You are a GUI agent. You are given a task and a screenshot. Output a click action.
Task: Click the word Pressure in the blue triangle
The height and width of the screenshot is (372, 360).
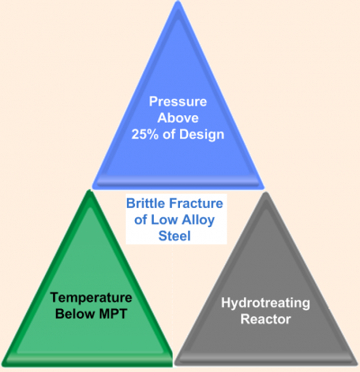(x=178, y=102)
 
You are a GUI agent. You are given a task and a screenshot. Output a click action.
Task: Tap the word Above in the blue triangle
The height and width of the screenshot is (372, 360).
(x=178, y=118)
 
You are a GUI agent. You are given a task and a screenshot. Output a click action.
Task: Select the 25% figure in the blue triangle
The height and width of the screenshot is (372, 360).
(x=145, y=134)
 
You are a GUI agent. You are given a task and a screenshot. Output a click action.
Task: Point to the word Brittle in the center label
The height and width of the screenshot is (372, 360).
(x=146, y=204)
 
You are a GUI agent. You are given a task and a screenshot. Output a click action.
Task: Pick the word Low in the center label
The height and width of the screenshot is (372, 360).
(x=163, y=220)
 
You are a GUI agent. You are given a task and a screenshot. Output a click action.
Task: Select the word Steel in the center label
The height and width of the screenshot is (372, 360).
(x=175, y=236)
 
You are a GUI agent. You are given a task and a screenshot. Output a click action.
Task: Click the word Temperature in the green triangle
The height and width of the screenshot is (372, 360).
(x=91, y=298)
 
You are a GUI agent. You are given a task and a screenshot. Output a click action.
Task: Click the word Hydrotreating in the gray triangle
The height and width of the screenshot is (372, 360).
(x=265, y=304)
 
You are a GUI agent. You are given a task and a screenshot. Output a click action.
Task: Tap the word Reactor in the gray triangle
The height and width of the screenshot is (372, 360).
(x=265, y=319)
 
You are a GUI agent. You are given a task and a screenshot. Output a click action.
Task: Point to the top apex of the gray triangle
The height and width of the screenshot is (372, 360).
(x=265, y=193)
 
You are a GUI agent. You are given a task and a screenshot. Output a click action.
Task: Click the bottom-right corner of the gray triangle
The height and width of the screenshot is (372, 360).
(x=356, y=363)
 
